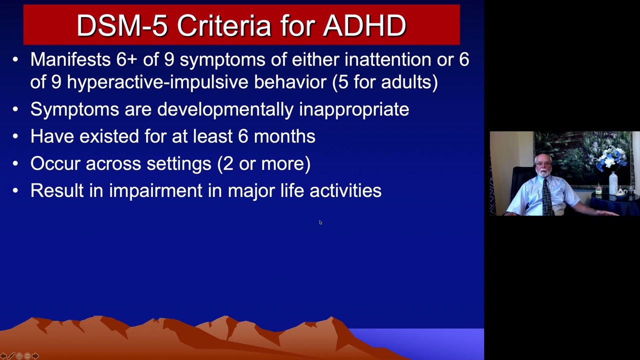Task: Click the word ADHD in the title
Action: tap(364, 25)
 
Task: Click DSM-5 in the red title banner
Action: tap(122, 25)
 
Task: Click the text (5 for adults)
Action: tap(385, 82)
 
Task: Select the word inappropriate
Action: tap(354, 109)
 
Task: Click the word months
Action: tap(284, 136)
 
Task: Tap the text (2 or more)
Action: tap(264, 163)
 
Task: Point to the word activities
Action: tap(345, 190)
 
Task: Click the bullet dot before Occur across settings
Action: tap(15, 163)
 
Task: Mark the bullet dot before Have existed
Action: tap(15, 136)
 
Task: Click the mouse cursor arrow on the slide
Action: tap(320, 222)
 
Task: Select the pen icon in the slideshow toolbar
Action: tap(11, 356)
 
